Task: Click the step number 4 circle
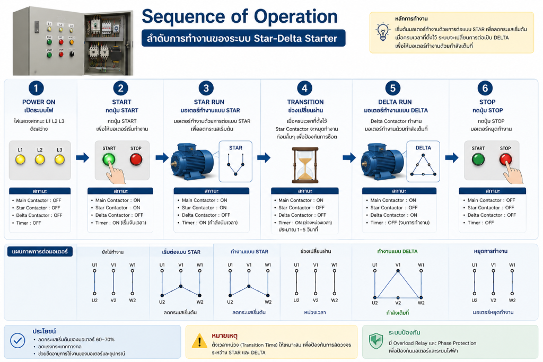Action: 304,89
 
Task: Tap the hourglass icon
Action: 305,165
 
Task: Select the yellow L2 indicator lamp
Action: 40,160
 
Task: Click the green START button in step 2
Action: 109,160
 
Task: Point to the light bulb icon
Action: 383,32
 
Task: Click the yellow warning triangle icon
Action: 199,341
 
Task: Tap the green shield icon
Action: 376,341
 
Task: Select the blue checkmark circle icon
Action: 17,340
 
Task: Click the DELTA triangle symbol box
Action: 423,161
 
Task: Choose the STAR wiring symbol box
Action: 235,161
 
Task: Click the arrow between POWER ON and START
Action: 82,158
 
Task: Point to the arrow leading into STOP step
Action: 452,158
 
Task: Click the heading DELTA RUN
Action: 395,102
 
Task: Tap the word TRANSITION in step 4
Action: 305,102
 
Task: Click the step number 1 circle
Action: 36,89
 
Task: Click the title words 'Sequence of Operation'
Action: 240,16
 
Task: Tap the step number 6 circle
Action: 485,89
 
